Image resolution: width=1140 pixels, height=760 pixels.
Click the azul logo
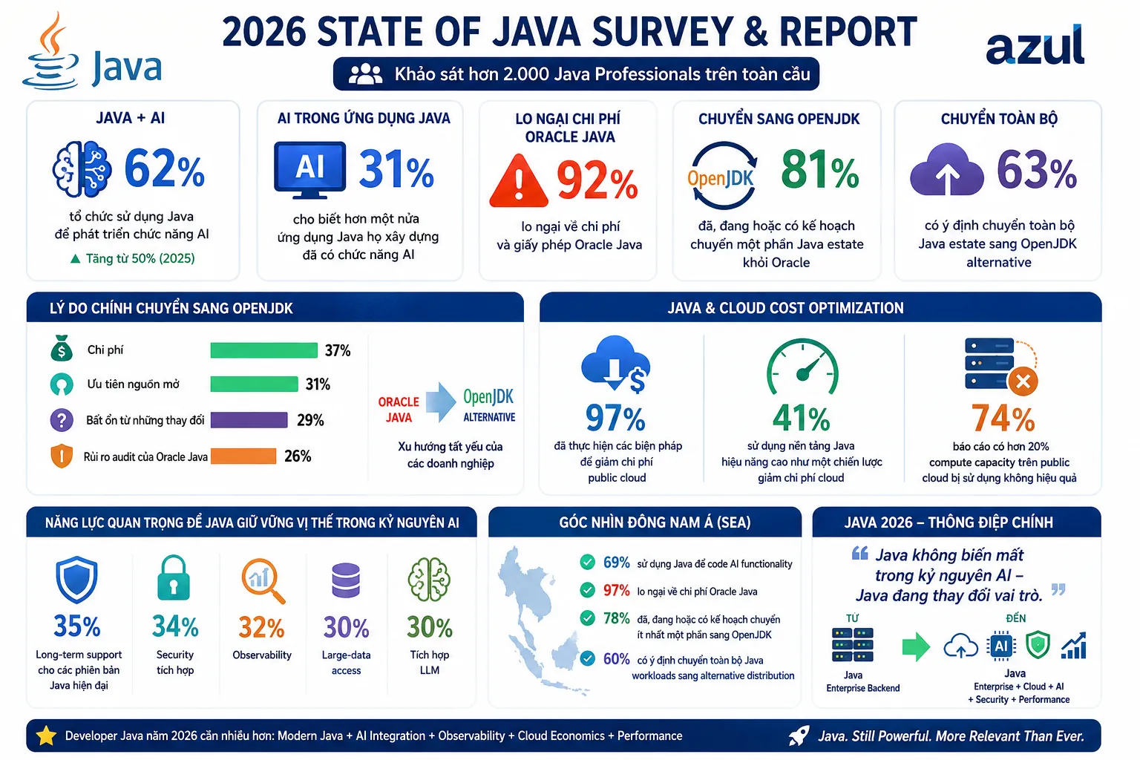point(1035,46)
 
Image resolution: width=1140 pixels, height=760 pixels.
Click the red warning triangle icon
point(519,180)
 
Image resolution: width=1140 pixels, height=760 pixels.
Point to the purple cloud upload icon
point(946,170)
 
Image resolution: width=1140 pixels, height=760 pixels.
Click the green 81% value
point(820,169)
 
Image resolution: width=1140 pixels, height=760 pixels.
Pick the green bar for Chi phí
point(263,350)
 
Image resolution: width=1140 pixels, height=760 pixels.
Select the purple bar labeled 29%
point(249,420)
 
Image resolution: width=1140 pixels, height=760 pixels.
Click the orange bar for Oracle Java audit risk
point(243,456)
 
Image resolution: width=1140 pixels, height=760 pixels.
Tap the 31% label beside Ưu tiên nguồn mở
point(318,384)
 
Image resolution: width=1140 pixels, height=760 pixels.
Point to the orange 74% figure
point(1003,419)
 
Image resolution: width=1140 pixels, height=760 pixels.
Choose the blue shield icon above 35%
point(76,580)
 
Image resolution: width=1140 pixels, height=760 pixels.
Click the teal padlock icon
point(174,577)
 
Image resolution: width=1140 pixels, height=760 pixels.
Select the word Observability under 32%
point(262,655)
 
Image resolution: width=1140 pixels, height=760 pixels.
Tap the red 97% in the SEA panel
point(616,591)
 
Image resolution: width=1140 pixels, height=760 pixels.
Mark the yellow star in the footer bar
point(46,736)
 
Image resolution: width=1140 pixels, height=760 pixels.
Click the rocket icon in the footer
point(799,736)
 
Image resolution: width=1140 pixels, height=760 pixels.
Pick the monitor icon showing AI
point(310,169)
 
